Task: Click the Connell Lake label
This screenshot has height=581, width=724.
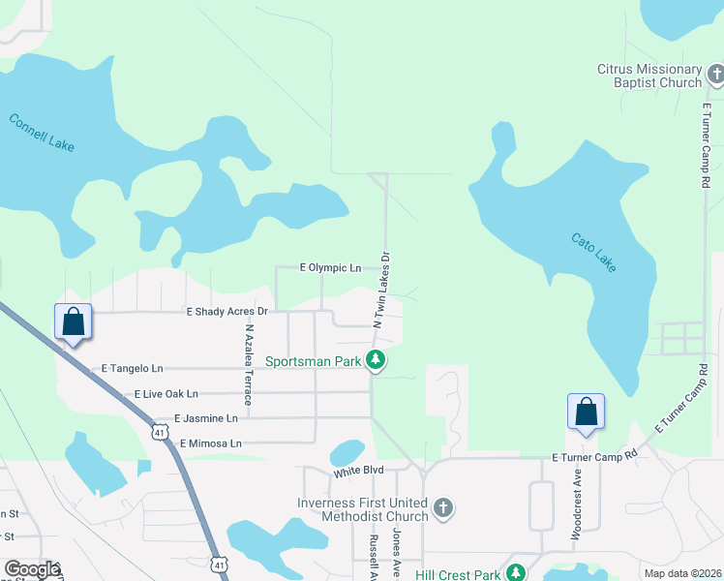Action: click(41, 134)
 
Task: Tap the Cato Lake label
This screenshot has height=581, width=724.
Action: click(593, 253)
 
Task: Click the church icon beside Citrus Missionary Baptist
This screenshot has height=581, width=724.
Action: click(715, 75)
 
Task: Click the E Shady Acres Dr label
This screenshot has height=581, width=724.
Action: click(226, 312)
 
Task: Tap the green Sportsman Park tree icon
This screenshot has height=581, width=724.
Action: click(377, 361)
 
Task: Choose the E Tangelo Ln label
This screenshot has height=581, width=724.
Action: click(133, 369)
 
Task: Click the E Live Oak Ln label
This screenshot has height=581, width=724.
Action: click(166, 394)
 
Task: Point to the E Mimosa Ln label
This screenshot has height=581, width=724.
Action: click(209, 443)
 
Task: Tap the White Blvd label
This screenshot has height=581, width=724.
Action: click(359, 470)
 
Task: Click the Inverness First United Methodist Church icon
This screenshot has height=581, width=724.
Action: click(442, 508)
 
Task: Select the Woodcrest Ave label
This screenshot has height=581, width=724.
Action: click(577, 505)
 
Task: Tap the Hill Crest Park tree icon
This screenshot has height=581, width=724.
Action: click(517, 573)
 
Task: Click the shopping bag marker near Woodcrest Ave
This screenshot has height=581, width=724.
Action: click(587, 412)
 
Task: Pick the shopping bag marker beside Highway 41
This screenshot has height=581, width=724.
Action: click(74, 321)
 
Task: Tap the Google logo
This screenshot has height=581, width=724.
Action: click(31, 569)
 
